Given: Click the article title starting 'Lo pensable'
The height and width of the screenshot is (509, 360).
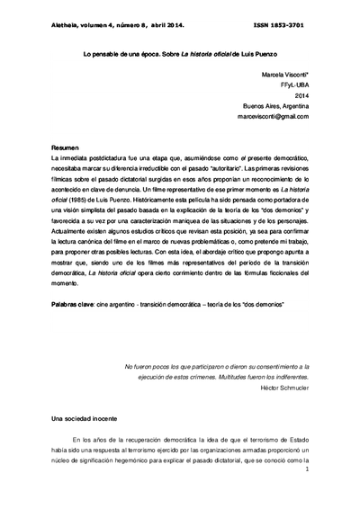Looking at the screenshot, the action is tap(180, 55).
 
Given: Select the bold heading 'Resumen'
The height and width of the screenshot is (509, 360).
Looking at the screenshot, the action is tap(65, 147).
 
